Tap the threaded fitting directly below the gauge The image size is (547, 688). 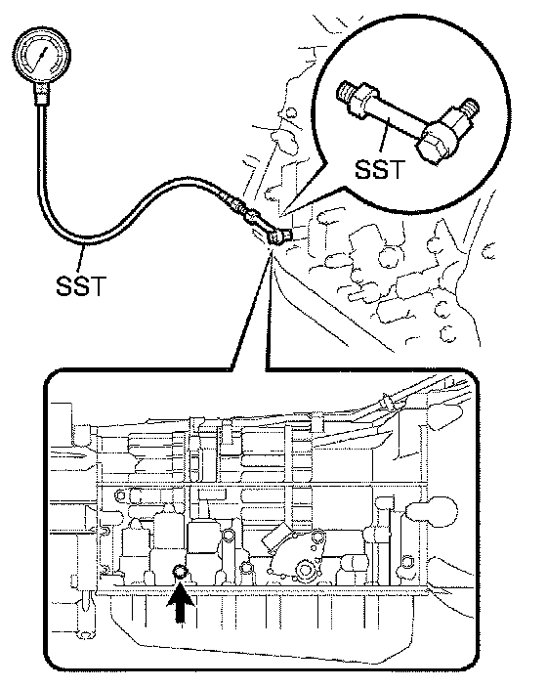click(42, 94)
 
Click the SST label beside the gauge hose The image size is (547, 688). click(81, 284)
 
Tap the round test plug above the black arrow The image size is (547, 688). click(181, 572)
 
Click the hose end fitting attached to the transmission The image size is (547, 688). click(277, 236)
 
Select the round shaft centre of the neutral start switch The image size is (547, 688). click(305, 570)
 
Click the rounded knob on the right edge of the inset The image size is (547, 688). click(433, 511)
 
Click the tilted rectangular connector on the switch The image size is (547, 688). click(276, 535)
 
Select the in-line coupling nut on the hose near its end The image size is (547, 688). click(251, 215)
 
